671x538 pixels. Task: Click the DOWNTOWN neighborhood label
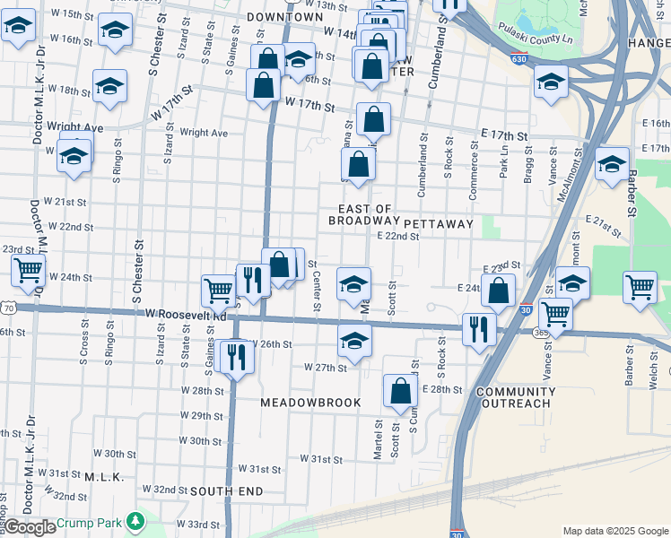coord(284,17)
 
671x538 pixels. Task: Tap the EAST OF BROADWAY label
coord(362,214)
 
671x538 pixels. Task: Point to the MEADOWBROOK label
coord(310,403)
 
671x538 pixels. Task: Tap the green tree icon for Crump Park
coord(135,520)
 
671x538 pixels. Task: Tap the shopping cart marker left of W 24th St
coord(28,269)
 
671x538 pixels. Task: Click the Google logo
coord(29,527)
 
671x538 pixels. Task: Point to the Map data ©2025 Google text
coord(614,531)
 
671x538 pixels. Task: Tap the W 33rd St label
coord(196,524)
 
